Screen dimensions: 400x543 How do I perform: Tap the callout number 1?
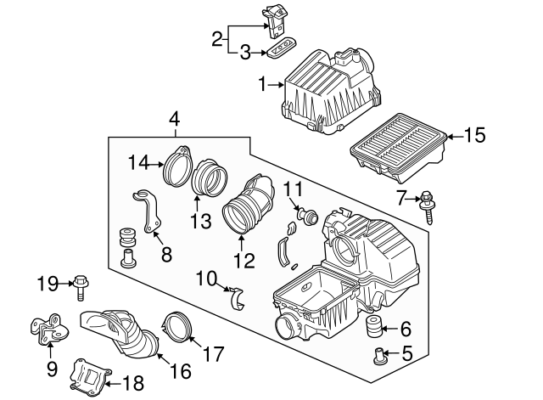[263, 84]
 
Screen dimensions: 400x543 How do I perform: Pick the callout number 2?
[217, 38]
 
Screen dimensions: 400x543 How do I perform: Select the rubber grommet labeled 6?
[371, 329]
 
